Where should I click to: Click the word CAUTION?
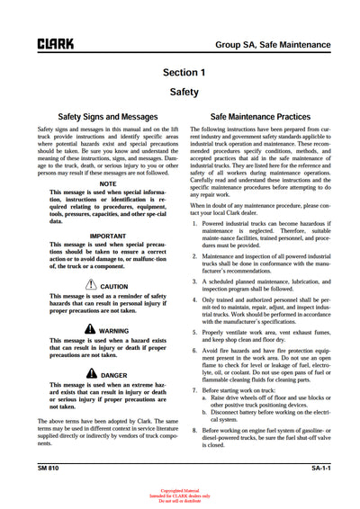[114, 287]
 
